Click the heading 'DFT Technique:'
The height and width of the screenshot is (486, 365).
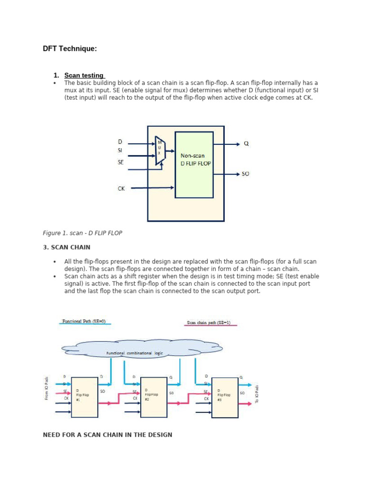pos(70,48)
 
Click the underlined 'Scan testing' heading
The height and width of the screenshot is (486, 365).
pos(84,75)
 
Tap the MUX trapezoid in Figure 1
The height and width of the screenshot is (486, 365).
pos(160,150)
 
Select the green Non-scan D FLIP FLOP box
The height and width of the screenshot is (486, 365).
pos(194,164)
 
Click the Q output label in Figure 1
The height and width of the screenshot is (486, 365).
pos(246,143)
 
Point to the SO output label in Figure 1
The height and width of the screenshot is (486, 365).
pos(245,174)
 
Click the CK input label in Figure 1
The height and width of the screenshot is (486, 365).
pos(121,188)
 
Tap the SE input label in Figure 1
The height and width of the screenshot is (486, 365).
pos(121,162)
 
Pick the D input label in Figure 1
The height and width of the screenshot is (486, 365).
pos(120,141)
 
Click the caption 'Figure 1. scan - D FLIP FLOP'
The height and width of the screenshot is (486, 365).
pos(83,233)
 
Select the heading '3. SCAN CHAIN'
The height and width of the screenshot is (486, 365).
pos(67,247)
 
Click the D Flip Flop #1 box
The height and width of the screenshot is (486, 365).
pos(85,397)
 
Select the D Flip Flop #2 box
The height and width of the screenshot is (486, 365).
pos(154,397)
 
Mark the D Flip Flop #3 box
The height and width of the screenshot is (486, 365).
pos(225,397)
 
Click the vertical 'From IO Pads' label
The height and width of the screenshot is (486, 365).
pos(47,388)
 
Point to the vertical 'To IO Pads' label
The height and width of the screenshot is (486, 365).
pos(257,394)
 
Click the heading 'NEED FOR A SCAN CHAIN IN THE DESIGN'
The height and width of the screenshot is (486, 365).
pos(107,435)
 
